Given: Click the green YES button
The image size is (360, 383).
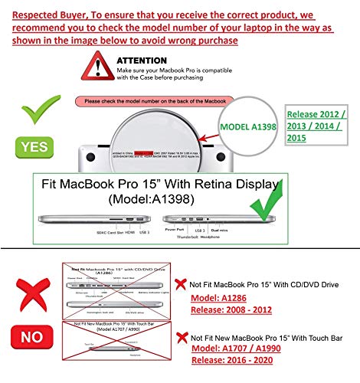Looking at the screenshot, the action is [32, 146].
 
